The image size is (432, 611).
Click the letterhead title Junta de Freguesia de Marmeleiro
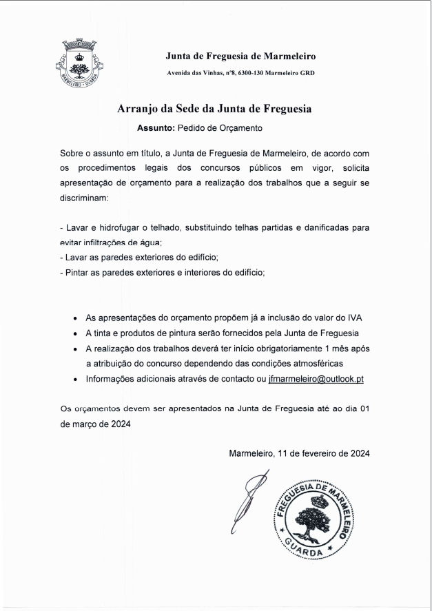point(240,56)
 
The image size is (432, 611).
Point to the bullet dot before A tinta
point(74,333)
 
